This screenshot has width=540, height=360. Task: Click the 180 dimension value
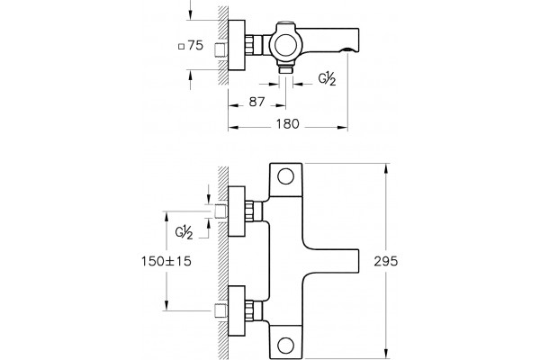[x=288, y=123]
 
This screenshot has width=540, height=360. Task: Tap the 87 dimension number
[x=256, y=102]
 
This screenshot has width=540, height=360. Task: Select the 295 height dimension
[x=386, y=262]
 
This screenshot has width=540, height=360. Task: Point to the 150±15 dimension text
[x=166, y=261]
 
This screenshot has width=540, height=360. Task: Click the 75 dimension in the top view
[x=195, y=46]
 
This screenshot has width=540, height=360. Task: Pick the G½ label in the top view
[x=327, y=79]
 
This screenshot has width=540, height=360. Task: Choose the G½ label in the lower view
[x=184, y=232]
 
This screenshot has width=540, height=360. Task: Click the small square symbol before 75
[x=182, y=47]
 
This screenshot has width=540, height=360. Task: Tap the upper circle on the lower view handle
[x=285, y=176]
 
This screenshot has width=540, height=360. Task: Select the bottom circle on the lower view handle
[x=285, y=346]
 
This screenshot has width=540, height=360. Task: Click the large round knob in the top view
[x=285, y=43]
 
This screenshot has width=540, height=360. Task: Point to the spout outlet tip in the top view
[x=347, y=50]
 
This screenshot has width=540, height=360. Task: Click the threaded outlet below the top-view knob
[x=285, y=68]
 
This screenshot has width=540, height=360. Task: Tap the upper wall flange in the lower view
[x=237, y=211]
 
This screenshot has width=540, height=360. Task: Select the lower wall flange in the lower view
[x=237, y=310]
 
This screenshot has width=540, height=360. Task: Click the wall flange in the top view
[x=237, y=45]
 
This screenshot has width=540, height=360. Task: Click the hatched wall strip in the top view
[x=223, y=45]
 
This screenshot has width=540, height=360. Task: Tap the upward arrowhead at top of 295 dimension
[x=386, y=168]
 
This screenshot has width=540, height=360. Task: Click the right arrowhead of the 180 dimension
[x=342, y=128]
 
